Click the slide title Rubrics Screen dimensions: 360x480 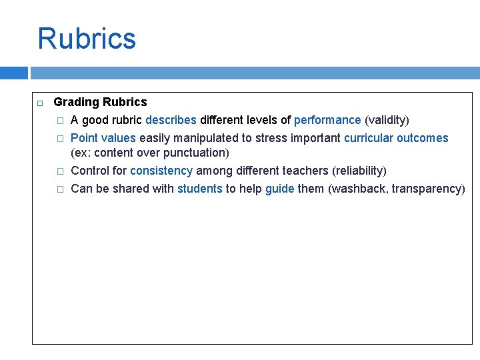click(87, 39)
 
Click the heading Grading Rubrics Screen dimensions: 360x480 click(100, 102)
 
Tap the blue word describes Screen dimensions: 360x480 click(171, 120)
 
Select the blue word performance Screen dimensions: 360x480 click(327, 120)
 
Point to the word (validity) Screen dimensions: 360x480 click(387, 120)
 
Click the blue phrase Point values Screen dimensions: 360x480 click(103, 138)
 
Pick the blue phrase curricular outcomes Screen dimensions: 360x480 click(396, 138)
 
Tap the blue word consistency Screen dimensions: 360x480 click(161, 171)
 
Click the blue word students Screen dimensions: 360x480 click(199, 189)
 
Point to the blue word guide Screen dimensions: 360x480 click(279, 189)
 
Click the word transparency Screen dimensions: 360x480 click(428, 189)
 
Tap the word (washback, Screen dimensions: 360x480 click(358, 189)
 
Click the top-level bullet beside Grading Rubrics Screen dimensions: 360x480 click(39, 103)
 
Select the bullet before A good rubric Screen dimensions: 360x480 click(59, 121)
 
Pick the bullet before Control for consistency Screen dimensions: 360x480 click(59, 171)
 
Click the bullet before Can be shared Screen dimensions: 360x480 click(59, 189)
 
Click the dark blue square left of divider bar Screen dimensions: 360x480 click(14, 73)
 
